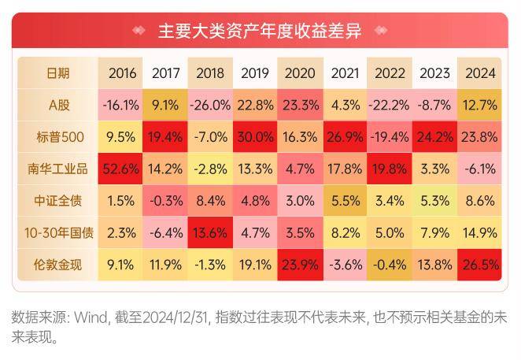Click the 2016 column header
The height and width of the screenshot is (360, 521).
[x=122, y=73]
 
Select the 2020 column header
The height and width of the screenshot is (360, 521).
[x=301, y=73]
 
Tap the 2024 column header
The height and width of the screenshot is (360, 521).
[x=480, y=73]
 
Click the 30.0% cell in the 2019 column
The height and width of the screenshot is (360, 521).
[x=256, y=136]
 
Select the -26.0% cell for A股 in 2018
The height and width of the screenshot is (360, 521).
[x=211, y=105]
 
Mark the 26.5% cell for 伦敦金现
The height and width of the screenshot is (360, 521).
[x=480, y=265]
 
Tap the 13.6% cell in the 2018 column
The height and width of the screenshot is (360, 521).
[x=211, y=232]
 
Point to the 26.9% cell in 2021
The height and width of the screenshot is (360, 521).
[x=345, y=136]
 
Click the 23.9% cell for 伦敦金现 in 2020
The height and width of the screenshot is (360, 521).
[x=301, y=265]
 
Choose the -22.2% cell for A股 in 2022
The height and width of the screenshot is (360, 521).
[x=390, y=105]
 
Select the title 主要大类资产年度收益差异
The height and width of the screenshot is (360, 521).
[x=259, y=32]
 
